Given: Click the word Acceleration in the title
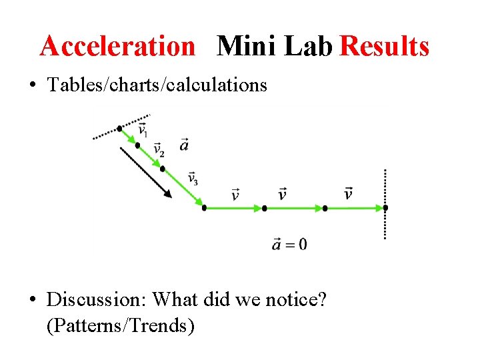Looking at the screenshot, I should [117, 47].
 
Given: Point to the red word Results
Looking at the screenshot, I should [385, 47].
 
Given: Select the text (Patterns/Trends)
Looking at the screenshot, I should [121, 326].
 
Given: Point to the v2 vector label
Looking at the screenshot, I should [159, 150].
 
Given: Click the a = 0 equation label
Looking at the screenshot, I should [289, 244].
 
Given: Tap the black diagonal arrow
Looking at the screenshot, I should [146, 172].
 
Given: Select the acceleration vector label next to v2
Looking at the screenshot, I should [184, 144].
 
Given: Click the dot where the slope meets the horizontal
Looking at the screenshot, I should [204, 208].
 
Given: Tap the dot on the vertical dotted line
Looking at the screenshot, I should [385, 208].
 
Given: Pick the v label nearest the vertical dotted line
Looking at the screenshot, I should [348, 194].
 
